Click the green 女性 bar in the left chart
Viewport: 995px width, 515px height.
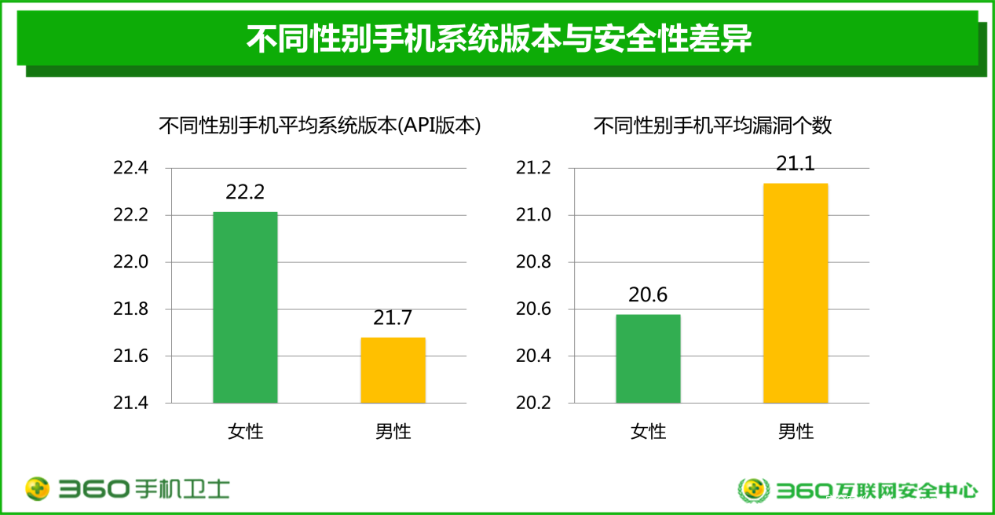[x=245, y=307]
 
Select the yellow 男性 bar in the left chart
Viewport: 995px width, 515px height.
[x=393, y=370]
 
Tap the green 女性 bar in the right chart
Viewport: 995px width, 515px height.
[x=648, y=358]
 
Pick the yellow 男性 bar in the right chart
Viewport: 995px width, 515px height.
[x=796, y=293]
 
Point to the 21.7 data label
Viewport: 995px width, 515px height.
[x=393, y=318]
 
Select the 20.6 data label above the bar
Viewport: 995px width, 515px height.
[x=648, y=294]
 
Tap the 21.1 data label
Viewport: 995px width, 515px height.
[x=796, y=163]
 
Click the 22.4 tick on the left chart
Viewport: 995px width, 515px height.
[x=130, y=169]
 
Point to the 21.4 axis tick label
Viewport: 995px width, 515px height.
[x=130, y=403]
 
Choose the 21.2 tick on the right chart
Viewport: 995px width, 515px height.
[x=534, y=169]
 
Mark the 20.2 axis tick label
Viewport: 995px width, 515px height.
[x=534, y=403]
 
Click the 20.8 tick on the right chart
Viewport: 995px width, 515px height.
[x=534, y=262]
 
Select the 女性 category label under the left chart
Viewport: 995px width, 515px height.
[x=245, y=431]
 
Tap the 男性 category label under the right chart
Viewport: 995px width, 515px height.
[x=796, y=431]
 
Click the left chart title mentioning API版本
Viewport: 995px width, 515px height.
[x=320, y=126]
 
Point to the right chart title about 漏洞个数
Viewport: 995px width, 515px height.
[x=712, y=126]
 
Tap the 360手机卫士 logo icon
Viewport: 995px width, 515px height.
[x=37, y=489]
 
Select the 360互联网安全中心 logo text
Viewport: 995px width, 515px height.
[x=876, y=491]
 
